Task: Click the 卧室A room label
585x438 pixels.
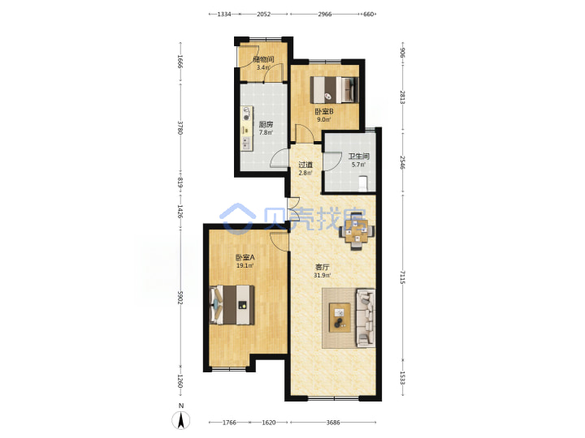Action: pos(245,257)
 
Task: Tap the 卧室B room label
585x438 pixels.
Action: pos(324,111)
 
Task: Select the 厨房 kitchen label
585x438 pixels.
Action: pos(266,124)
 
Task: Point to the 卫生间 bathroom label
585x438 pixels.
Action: pos(358,157)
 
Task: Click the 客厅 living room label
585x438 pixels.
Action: pos(323,267)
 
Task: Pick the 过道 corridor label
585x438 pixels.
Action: pos(305,165)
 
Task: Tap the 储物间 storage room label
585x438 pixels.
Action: pos(263,59)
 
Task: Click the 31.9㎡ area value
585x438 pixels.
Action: pos(323,276)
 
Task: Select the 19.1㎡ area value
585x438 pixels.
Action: pos(245,266)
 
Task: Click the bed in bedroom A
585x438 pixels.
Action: pos(232,305)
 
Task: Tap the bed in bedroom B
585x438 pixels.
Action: pos(334,90)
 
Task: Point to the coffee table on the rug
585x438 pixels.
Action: pos(340,317)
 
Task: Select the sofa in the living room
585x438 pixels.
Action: pos(366,318)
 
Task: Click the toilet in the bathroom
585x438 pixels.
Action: pos(363,184)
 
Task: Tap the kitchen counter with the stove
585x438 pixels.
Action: pos(246,128)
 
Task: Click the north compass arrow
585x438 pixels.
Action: pos(181,420)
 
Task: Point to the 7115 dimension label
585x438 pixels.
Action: pos(402,277)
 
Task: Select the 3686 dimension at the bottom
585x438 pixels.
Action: pos(333,423)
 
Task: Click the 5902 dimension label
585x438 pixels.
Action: pos(180,298)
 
